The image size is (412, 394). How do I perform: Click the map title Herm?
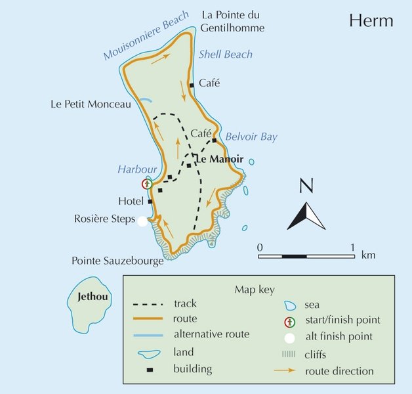coord(371,20)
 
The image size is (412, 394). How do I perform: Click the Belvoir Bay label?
coord(251,137)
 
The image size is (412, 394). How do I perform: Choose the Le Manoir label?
coord(220,160)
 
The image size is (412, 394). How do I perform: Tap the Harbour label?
coord(137,169)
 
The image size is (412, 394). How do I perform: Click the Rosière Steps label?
coord(104,219)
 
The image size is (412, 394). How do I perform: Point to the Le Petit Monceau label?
coord(91,104)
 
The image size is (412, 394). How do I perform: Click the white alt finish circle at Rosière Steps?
coord(142,221)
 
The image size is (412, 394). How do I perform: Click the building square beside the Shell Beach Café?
coord(192,85)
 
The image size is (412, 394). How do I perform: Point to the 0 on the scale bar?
coord(260,247)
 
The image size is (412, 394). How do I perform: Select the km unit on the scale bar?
coord(368,254)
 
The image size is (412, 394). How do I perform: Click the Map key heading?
coord(254,289)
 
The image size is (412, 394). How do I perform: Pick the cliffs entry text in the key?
coord(319,355)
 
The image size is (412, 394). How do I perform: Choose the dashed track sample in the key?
coord(148,305)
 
